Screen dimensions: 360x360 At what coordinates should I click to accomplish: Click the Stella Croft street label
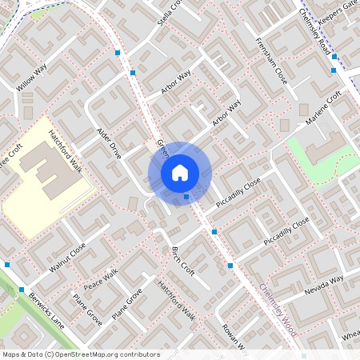click(170, 12)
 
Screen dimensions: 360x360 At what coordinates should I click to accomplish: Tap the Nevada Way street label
click(323, 284)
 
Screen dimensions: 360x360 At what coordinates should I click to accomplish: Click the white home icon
click(180, 172)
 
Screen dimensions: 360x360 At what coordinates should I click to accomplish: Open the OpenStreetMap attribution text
click(81, 354)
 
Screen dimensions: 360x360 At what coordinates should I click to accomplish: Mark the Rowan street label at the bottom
click(237, 335)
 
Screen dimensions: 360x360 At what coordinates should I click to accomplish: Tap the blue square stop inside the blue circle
click(186, 196)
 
